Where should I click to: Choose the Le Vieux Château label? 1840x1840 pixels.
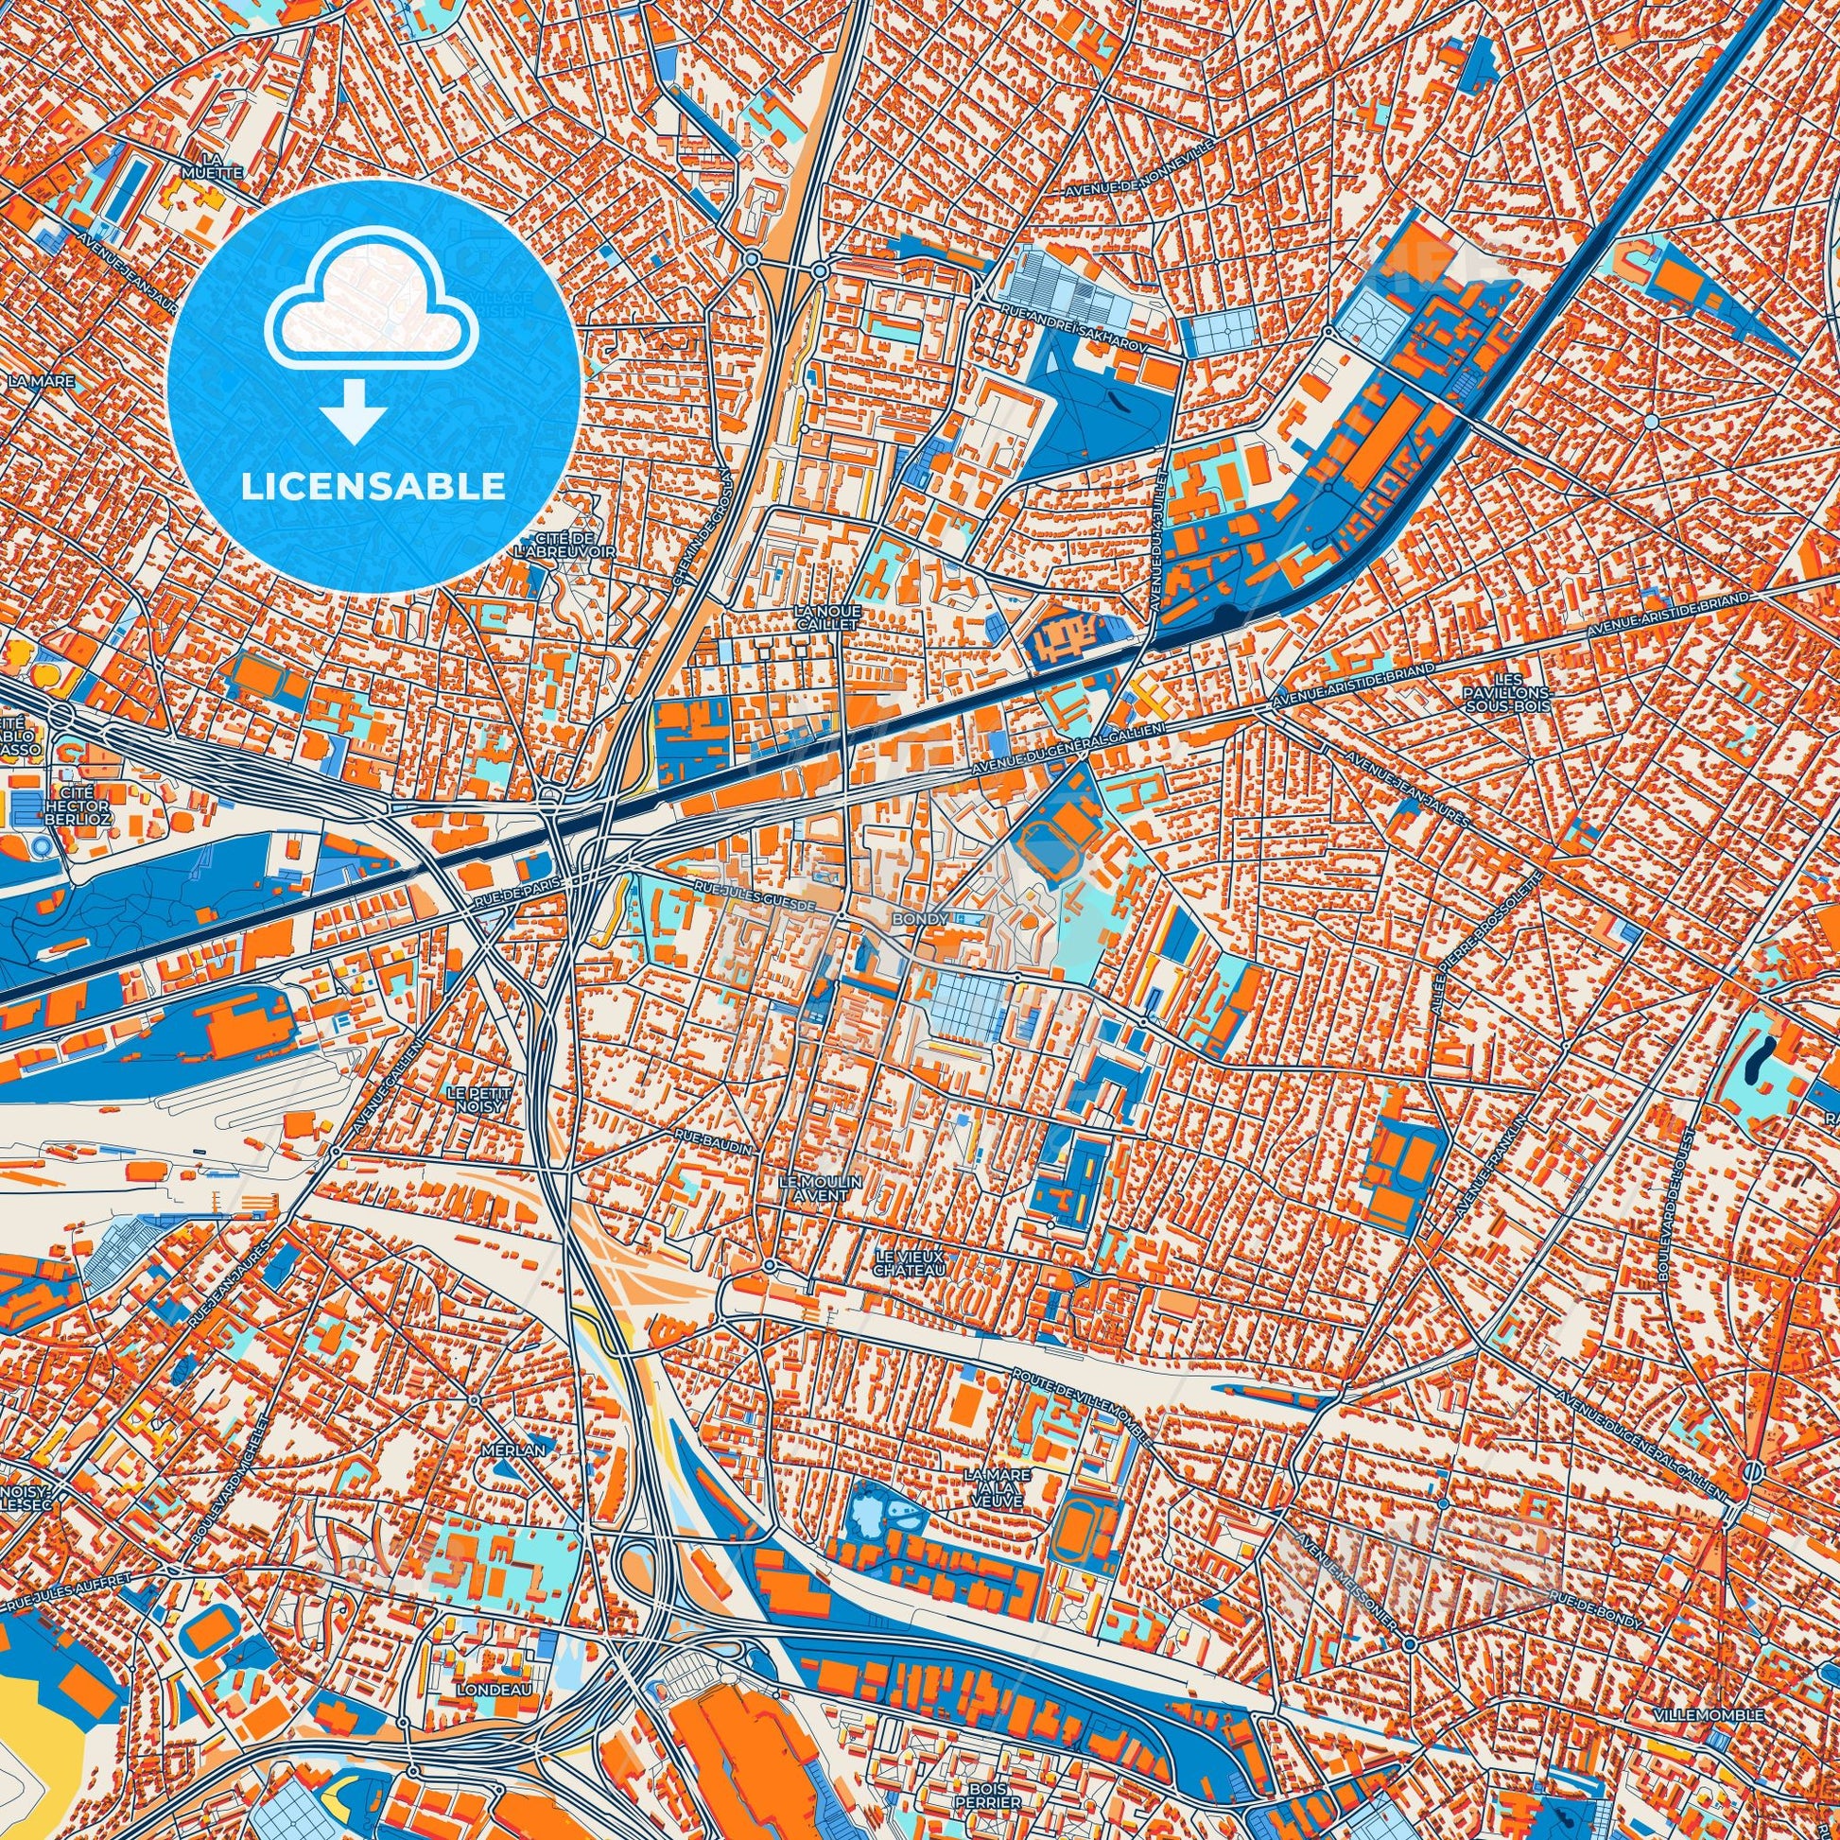[910, 1264]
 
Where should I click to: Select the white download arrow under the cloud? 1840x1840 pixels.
[354, 410]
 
